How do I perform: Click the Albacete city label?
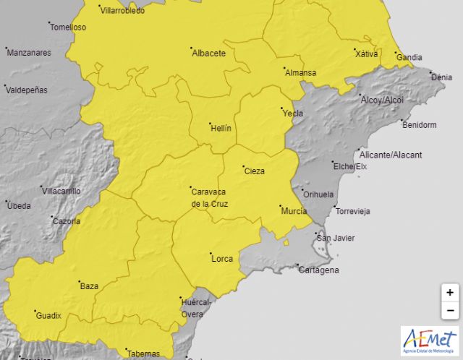click(208, 53)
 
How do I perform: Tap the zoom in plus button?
click(450, 293)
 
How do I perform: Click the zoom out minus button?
click(450, 310)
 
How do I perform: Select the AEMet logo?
click(429, 340)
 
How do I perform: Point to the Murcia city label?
click(294, 211)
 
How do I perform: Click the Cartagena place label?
click(319, 270)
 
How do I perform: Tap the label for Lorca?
click(221, 257)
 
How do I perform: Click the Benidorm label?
click(420, 125)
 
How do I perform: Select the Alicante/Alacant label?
click(391, 155)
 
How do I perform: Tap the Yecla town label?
click(293, 113)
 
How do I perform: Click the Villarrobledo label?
click(122, 11)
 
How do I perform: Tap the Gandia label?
click(410, 57)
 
